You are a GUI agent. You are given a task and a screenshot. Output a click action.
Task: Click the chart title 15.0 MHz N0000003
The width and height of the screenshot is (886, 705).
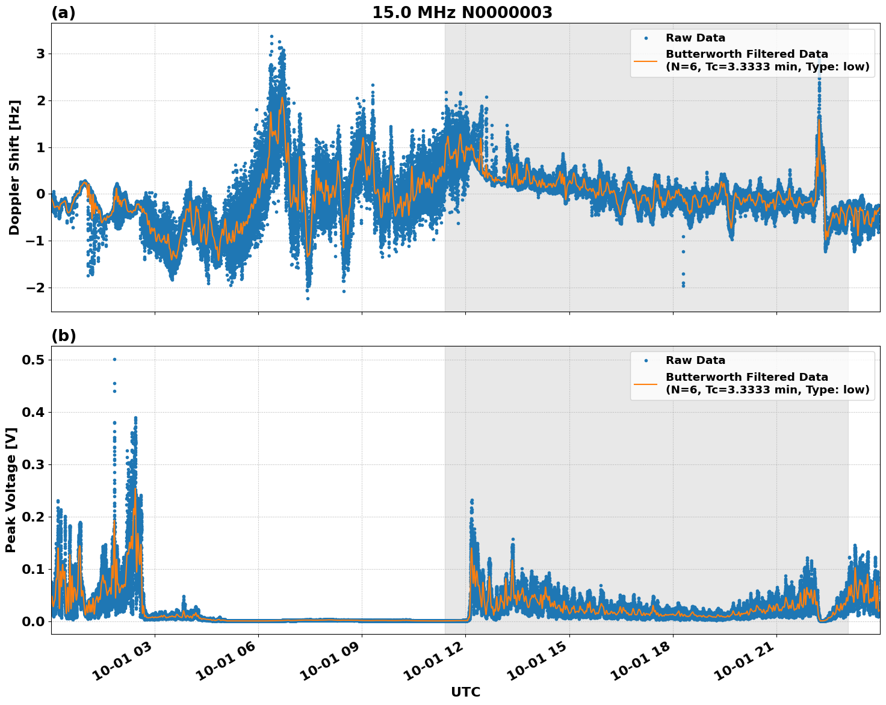point(462,13)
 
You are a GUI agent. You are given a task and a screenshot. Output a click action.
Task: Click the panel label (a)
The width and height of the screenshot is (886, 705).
point(63,13)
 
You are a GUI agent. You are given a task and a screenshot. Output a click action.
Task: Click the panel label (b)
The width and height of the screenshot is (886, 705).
point(63,336)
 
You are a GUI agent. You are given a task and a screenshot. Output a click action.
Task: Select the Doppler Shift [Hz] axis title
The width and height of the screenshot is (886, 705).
point(14,167)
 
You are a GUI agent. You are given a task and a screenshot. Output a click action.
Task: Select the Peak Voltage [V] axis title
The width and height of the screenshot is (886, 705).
point(11,490)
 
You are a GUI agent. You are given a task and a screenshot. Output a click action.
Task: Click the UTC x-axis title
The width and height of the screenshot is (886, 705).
point(465,692)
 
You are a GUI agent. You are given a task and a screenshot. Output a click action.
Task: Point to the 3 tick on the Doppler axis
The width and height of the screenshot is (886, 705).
point(40,54)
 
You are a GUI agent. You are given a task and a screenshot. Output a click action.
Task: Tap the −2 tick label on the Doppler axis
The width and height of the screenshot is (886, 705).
point(36,288)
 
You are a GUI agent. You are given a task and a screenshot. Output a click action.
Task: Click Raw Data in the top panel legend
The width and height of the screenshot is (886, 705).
point(695,38)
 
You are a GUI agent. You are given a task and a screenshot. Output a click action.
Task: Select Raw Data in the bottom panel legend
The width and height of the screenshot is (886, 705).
point(695,360)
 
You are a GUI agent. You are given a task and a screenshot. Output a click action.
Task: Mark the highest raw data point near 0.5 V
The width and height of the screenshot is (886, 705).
point(114,360)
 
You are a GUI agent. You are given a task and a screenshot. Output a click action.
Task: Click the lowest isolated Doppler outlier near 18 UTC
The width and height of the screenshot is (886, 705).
point(683,286)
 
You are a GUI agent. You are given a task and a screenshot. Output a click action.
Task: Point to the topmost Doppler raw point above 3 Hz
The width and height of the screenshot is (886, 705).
point(271,37)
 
